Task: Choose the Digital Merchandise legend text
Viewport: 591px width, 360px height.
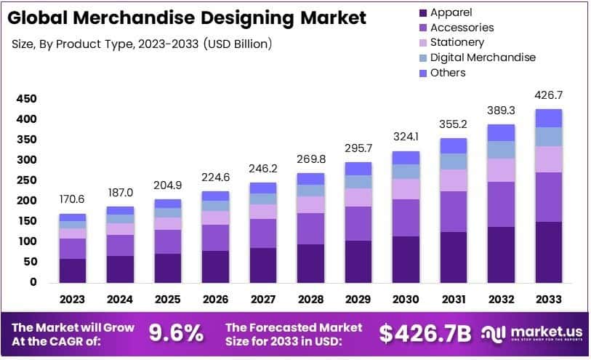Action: tap(483, 57)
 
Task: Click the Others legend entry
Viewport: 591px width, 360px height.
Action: tap(448, 73)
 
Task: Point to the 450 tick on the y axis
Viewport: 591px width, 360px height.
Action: tap(26, 99)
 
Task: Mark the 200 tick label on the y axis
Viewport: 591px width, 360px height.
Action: tap(26, 201)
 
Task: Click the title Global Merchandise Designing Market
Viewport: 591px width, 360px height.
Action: tap(188, 17)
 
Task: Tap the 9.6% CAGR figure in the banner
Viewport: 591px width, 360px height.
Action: tap(176, 333)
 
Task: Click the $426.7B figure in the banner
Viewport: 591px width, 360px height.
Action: tap(425, 333)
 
